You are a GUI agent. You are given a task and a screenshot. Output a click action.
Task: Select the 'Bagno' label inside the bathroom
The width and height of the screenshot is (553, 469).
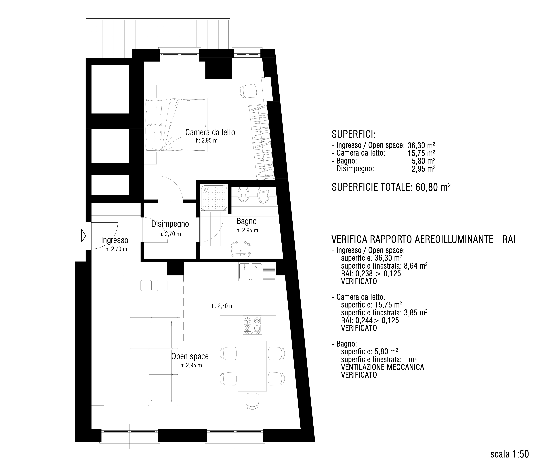[247, 221]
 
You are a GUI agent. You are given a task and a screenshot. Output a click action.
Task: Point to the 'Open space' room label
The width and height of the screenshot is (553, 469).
[190, 356]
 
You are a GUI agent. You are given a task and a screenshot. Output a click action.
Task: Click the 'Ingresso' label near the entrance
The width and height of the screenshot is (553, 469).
[115, 240]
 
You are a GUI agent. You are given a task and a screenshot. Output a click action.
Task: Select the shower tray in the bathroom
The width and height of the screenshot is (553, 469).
[214, 198]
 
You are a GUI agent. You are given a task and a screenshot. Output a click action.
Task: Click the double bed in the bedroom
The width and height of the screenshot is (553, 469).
[176, 125]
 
